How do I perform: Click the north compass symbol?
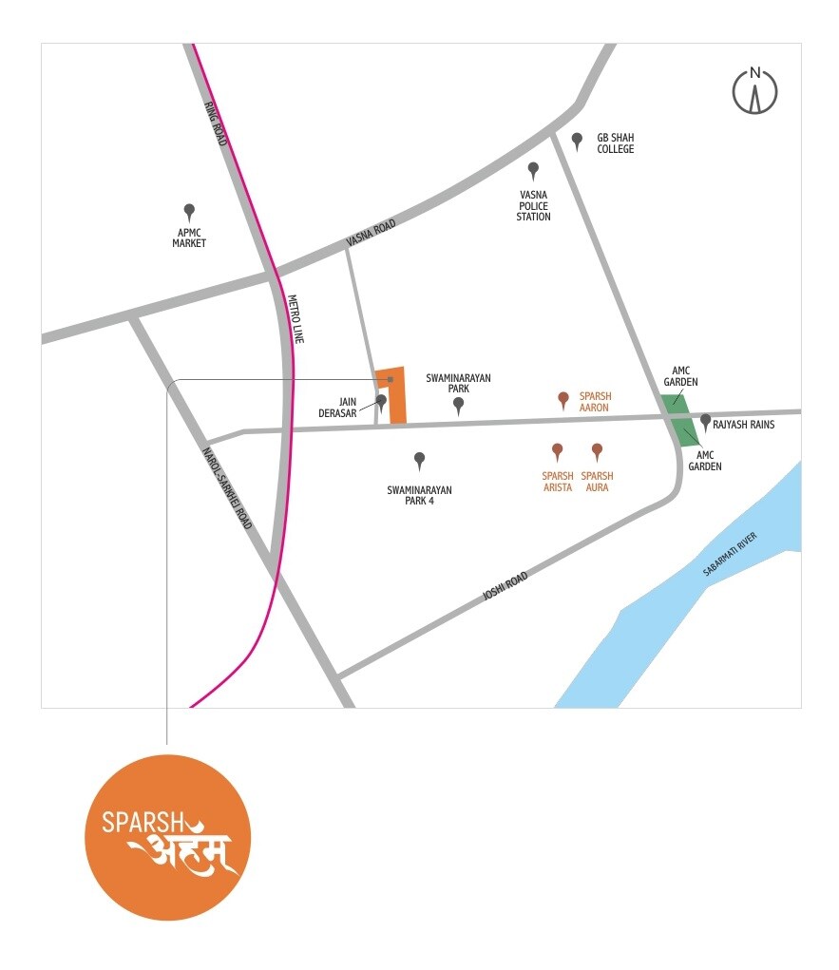point(755,91)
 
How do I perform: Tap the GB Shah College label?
point(615,143)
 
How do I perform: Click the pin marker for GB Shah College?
point(577,141)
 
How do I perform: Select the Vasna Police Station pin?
point(533,171)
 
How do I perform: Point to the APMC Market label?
point(189,238)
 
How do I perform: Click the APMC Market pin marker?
point(189,211)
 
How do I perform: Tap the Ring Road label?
point(217,123)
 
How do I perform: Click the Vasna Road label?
point(371,231)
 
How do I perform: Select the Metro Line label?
point(295,317)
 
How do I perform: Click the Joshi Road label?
point(505,584)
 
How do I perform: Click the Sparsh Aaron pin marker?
point(563,399)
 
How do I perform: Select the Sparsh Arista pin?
point(558,451)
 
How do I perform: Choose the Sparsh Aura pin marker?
point(597,451)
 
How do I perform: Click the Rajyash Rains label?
point(744,425)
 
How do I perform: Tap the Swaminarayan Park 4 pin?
point(419,461)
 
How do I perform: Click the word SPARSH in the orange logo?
point(142,821)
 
